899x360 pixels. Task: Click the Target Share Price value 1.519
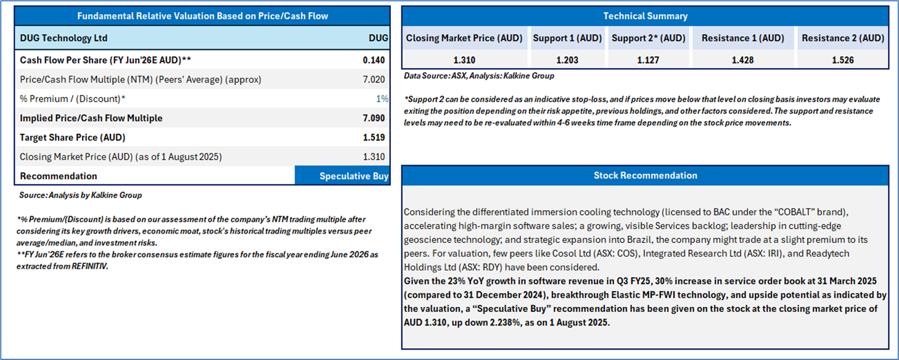point(375,137)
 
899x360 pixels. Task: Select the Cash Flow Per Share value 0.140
point(375,60)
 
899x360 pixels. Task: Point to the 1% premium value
point(382,99)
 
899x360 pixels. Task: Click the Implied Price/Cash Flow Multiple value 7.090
point(375,118)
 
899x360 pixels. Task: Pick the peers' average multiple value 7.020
point(375,80)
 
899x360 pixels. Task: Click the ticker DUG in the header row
point(378,38)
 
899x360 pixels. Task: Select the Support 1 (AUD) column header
point(567,38)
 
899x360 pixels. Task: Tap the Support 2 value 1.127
point(648,60)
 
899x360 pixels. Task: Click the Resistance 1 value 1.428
point(742,60)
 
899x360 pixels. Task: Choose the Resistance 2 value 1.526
point(842,60)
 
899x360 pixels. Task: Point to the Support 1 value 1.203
point(567,60)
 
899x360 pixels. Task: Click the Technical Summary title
point(645,16)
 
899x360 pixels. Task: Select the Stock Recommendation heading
point(645,176)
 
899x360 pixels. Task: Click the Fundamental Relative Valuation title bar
point(202,16)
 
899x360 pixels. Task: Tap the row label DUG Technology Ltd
point(64,38)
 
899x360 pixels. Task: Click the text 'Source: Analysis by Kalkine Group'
point(81,195)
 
